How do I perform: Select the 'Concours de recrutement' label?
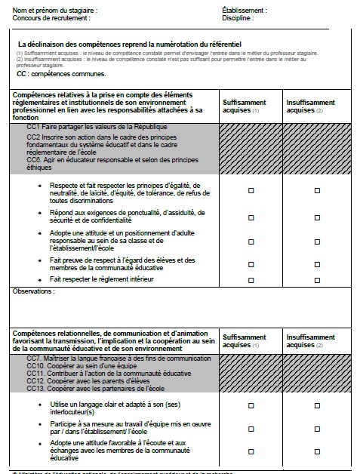point(47,17)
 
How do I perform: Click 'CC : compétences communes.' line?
point(61,75)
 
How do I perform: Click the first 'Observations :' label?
point(34,291)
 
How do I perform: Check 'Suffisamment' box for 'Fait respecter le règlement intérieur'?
point(251,279)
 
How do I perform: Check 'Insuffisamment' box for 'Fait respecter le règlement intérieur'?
point(315,279)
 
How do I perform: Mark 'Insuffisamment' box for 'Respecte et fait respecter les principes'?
point(315,192)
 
